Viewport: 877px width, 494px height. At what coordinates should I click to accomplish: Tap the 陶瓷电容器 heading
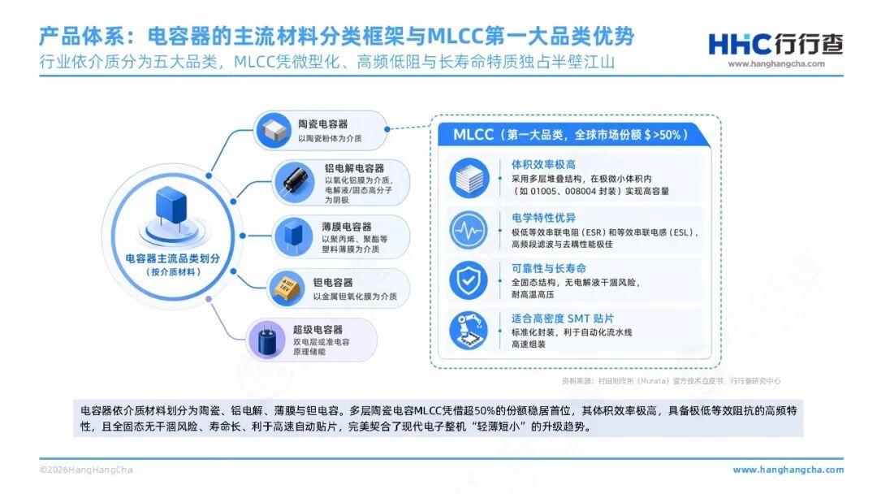322,124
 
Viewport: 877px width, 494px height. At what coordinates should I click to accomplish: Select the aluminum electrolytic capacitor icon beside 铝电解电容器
294,182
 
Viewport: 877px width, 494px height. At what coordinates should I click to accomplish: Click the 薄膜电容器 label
346,227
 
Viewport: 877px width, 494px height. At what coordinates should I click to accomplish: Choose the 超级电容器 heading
318,330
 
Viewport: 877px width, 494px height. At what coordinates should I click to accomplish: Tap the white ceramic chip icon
274,130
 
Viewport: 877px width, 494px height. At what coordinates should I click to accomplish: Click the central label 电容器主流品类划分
172,258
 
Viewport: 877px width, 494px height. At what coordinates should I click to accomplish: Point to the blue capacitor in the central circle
171,207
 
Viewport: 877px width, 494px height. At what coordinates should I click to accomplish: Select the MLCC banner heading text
570,135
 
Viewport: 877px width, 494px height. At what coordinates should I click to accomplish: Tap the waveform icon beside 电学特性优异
469,230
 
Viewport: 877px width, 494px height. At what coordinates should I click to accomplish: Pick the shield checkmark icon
469,280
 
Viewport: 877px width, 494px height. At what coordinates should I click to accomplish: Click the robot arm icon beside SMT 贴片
469,331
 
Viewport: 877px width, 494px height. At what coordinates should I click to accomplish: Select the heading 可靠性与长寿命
549,269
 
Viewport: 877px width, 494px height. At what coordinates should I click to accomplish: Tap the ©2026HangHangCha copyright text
86,470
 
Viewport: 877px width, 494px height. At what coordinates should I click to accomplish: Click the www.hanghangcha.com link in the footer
788,470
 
